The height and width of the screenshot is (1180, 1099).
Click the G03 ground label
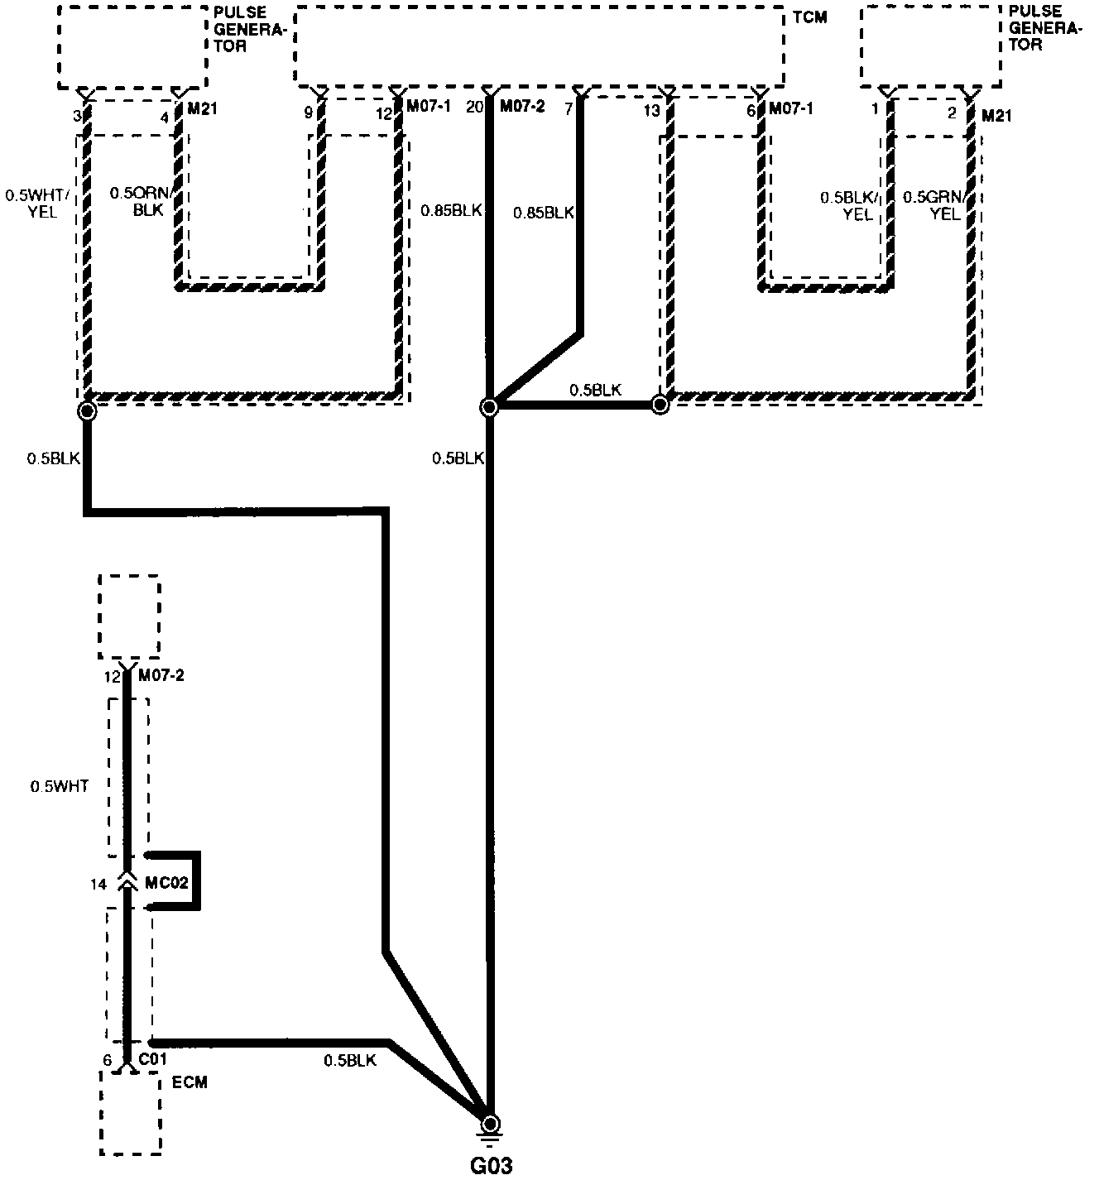(x=491, y=1166)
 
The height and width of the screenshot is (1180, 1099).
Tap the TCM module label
(x=809, y=17)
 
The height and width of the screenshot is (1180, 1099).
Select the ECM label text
(x=190, y=1082)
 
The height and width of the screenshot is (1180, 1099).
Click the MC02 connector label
(x=166, y=882)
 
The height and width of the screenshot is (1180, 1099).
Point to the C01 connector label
(x=153, y=1059)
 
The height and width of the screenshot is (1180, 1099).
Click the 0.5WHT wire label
(x=60, y=786)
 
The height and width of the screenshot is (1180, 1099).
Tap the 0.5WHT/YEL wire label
(x=38, y=204)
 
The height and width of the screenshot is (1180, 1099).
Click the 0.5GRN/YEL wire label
(x=935, y=205)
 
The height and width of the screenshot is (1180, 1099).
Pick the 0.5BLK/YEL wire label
(x=850, y=205)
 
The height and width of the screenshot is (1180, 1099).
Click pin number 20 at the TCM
(x=474, y=107)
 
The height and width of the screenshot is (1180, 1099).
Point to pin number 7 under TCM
(x=569, y=108)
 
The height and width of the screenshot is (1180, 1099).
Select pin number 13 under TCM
(x=652, y=111)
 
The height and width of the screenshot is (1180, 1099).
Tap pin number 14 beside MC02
(x=98, y=885)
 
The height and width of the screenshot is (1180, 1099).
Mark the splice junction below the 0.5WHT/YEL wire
(x=87, y=410)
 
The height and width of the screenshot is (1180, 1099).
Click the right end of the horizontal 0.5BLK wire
(x=660, y=405)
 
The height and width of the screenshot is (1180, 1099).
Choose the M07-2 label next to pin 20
(x=522, y=107)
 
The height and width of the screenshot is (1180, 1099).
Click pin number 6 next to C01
(x=107, y=1060)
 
